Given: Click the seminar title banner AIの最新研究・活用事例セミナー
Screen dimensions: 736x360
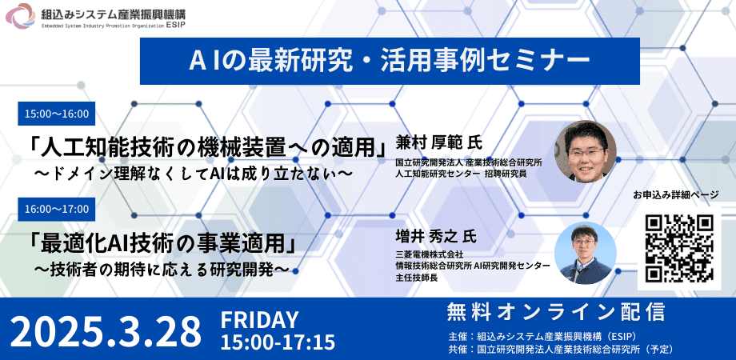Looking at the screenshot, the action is click(x=390, y=62).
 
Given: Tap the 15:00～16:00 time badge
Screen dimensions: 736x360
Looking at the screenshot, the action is click(x=57, y=114).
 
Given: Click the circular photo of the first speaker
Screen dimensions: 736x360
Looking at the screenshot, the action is click(x=585, y=152).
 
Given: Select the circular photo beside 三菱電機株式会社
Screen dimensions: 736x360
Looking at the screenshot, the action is click(x=585, y=253).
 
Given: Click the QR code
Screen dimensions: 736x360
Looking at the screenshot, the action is click(x=679, y=248).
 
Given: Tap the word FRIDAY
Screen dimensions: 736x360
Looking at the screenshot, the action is click(x=259, y=320).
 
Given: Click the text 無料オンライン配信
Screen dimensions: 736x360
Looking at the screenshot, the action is click(x=556, y=312).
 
